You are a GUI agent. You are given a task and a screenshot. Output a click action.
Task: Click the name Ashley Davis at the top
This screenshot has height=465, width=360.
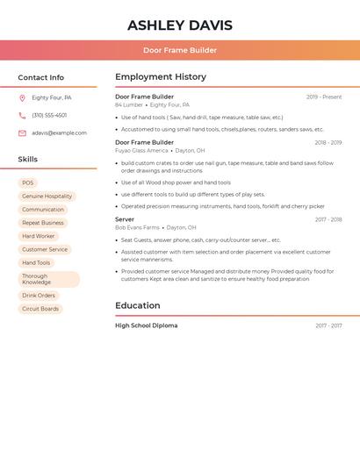[x=180, y=25]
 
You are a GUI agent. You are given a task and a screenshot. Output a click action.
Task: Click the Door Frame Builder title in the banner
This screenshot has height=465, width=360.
[x=180, y=50]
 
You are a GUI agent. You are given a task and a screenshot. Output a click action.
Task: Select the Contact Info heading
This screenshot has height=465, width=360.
[x=41, y=77]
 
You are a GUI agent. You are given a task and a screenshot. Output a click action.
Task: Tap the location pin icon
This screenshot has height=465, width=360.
[x=22, y=98]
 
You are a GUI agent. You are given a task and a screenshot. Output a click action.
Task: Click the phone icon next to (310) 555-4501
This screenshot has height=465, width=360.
[x=22, y=116]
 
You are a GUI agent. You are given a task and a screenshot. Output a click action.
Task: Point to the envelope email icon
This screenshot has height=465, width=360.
[x=22, y=133]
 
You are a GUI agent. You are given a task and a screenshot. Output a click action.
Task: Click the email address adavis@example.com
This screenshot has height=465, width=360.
[x=59, y=133]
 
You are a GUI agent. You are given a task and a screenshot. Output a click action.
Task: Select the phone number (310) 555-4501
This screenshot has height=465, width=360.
[x=49, y=116]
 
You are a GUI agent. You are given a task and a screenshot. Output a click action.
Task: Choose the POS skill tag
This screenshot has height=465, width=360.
[x=27, y=183]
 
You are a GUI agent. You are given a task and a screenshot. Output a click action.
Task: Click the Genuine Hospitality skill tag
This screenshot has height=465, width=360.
[x=47, y=197]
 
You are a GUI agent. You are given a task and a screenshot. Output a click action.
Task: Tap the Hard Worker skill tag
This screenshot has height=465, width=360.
[x=39, y=236]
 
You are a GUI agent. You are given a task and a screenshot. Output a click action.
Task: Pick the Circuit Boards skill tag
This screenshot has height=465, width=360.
[x=40, y=309]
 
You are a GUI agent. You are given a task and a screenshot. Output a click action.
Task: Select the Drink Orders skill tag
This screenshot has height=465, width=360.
[x=39, y=296]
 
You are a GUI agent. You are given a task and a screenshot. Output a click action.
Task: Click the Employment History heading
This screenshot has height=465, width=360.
[x=161, y=77]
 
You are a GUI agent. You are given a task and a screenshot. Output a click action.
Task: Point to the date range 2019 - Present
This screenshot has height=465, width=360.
[x=324, y=97]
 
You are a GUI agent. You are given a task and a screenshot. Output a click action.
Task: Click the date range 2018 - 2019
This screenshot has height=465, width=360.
[x=328, y=142]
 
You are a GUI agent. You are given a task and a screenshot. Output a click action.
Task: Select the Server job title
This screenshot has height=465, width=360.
[x=125, y=219]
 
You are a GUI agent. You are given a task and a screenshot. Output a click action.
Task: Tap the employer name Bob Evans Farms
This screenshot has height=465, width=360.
[x=137, y=227]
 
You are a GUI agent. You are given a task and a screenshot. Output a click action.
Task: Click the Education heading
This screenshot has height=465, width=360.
[x=138, y=306]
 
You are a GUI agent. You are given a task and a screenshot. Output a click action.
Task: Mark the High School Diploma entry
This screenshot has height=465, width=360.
[x=147, y=325]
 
